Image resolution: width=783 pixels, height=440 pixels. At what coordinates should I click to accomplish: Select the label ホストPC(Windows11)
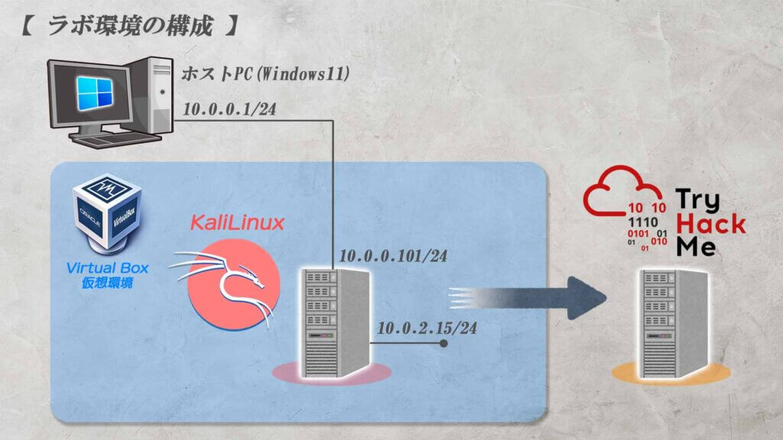265,74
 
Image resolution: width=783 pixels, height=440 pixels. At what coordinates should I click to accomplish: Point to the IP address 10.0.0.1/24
229,108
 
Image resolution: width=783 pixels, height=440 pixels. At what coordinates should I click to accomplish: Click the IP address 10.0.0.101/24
392,256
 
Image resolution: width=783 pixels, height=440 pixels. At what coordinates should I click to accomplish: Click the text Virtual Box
107,268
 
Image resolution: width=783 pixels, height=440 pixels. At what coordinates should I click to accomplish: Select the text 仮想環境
107,283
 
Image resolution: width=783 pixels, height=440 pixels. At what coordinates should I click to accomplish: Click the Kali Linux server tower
333,321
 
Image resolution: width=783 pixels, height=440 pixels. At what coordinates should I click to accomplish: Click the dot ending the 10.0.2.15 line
443,344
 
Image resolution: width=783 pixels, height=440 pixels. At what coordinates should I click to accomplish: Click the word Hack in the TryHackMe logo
711,223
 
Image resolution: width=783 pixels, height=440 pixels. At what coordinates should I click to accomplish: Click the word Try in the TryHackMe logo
697,201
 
